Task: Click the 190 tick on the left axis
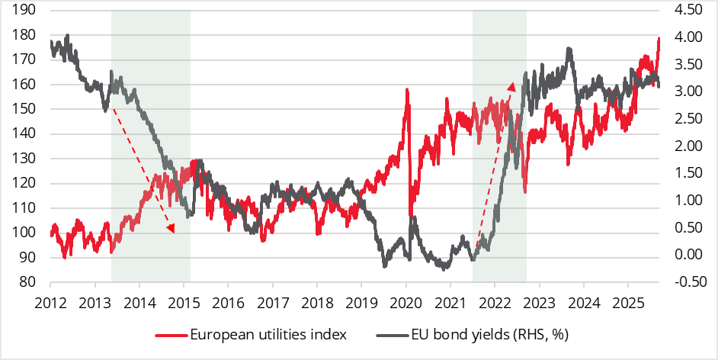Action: tap(24, 10)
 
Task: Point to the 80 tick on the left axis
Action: tap(24, 282)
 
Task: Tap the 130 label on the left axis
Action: tap(24, 159)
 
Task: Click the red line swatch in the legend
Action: tap(170, 336)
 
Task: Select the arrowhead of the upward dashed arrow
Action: tap(512, 85)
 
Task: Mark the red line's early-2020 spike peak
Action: tap(407, 90)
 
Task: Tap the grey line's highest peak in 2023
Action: tap(569, 49)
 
